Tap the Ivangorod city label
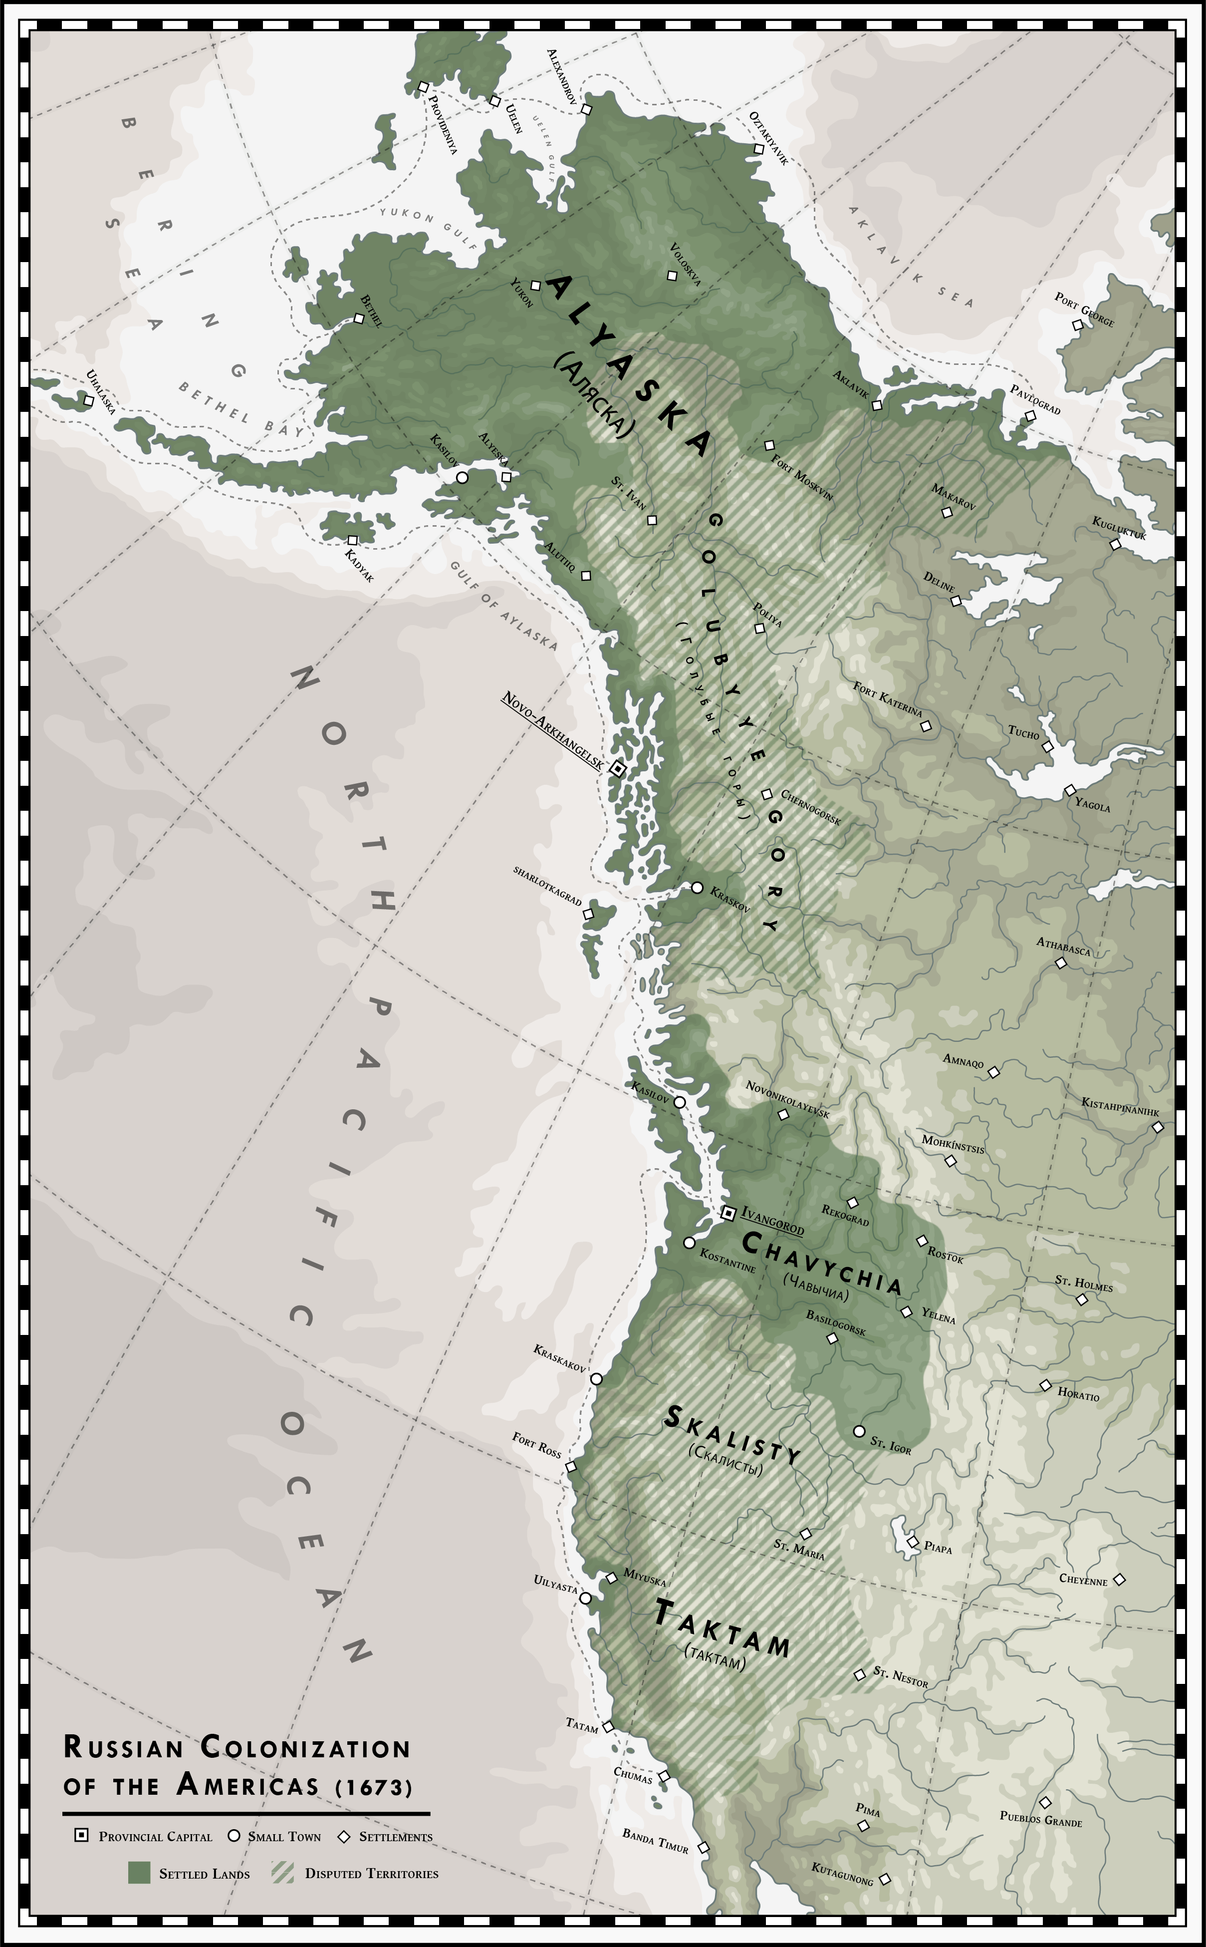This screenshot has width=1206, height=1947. coord(772,1220)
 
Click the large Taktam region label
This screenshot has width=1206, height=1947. coord(722,1628)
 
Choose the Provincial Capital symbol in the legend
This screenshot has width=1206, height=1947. coord(81,1835)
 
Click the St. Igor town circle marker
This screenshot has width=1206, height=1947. coord(858,1431)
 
